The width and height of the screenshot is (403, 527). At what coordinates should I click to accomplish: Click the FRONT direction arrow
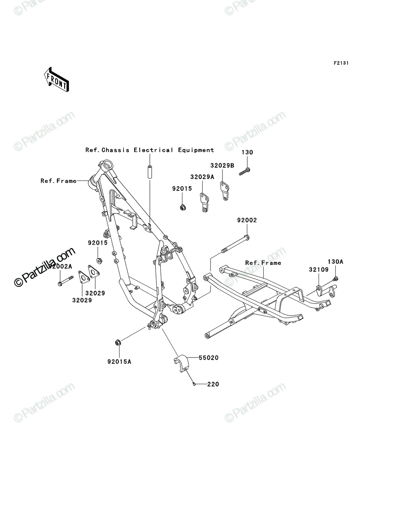(x=56, y=79)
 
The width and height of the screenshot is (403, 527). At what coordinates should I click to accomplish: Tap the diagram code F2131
(x=341, y=63)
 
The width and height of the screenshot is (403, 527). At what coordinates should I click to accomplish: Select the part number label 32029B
(x=222, y=166)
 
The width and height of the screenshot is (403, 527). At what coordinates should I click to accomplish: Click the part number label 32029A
(x=202, y=177)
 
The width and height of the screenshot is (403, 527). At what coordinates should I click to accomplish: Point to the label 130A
(x=335, y=262)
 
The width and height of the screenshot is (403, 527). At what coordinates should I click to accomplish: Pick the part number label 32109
(x=319, y=270)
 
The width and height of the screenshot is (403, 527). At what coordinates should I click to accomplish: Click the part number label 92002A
(x=60, y=266)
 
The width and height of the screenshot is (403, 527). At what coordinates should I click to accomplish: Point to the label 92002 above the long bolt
(x=247, y=220)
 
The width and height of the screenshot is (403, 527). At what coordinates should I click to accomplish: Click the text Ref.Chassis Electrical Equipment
(x=149, y=150)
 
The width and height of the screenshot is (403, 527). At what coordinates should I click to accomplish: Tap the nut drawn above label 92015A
(x=118, y=343)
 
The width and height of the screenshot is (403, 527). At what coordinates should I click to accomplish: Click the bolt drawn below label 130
(x=245, y=172)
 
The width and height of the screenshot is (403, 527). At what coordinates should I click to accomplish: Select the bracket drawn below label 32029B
(x=225, y=191)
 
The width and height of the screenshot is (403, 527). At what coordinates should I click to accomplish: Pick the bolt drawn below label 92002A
(x=65, y=281)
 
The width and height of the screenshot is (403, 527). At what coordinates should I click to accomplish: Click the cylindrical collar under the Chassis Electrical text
(x=150, y=171)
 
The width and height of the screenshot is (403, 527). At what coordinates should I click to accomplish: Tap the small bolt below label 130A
(x=335, y=279)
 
